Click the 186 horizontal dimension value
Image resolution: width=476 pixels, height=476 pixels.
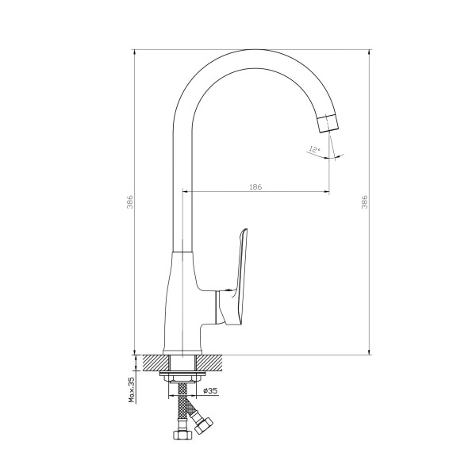click(x=255, y=187)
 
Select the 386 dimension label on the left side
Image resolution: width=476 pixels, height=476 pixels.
click(x=130, y=202)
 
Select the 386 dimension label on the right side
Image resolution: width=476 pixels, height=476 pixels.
click(x=365, y=202)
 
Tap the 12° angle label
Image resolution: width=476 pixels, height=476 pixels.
click(x=315, y=149)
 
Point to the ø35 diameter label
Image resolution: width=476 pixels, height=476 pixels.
click(x=210, y=390)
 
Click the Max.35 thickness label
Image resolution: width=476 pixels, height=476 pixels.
click(x=132, y=390)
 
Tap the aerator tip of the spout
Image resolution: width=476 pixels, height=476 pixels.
click(x=328, y=123)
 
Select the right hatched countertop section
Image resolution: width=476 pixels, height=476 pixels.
click(x=210, y=363)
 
